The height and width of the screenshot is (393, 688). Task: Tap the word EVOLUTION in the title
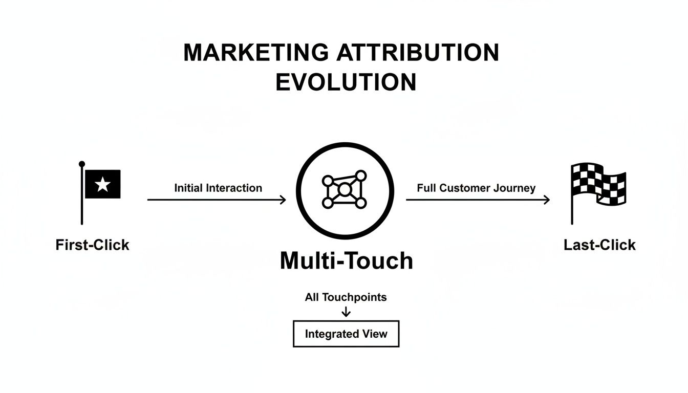click(x=346, y=82)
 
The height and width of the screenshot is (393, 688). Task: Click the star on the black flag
click(x=103, y=184)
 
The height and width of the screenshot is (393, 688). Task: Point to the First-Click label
click(x=92, y=245)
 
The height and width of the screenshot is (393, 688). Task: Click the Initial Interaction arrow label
click(x=218, y=188)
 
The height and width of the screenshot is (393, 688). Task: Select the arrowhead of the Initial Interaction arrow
click(x=283, y=200)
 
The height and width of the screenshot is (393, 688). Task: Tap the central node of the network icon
click(x=345, y=190)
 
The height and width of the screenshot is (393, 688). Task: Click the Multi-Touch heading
click(x=346, y=261)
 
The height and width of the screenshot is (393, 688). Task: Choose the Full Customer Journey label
click(x=476, y=188)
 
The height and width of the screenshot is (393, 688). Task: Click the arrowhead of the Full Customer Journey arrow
click(x=547, y=200)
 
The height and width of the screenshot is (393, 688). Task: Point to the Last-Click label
click(x=599, y=245)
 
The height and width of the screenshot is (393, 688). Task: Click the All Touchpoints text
click(x=346, y=297)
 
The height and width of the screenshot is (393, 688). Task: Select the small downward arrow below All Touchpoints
click(x=346, y=312)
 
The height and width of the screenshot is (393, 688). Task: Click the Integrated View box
click(x=346, y=334)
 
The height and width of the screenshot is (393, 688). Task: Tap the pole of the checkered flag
click(x=572, y=205)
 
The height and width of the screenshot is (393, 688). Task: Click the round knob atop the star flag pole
click(x=82, y=164)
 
